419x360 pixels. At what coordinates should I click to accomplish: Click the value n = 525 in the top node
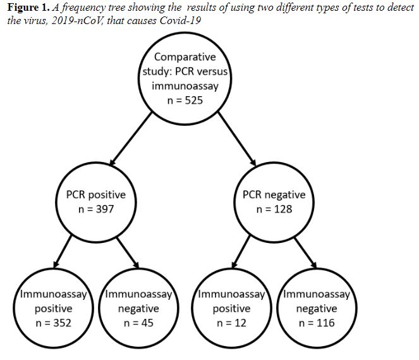tap(185, 101)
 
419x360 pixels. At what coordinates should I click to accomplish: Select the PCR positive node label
tap(96, 195)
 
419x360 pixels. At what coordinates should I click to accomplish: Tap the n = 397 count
tap(96, 209)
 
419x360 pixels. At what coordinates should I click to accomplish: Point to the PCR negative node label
tap(274, 195)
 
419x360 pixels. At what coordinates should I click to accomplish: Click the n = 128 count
tap(274, 209)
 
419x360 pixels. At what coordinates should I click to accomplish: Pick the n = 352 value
tap(54, 323)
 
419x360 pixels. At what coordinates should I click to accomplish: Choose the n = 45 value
tap(138, 323)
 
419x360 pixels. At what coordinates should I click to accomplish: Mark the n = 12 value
tap(231, 323)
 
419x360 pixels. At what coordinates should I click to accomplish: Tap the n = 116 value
tap(317, 323)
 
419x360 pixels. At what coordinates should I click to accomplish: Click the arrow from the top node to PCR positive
tap(131, 139)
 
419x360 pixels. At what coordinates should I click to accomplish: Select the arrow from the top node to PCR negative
tap(237, 139)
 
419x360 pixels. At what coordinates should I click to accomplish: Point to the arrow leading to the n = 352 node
tap(63, 251)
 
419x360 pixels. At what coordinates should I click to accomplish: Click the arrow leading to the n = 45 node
tap(128, 252)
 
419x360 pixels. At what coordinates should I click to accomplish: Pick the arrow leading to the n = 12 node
tap(241, 251)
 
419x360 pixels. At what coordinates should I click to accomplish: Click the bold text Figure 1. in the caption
tap(28, 8)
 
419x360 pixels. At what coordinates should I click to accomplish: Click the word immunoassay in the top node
tap(185, 87)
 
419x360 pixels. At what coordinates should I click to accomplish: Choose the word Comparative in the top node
tap(185, 57)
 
